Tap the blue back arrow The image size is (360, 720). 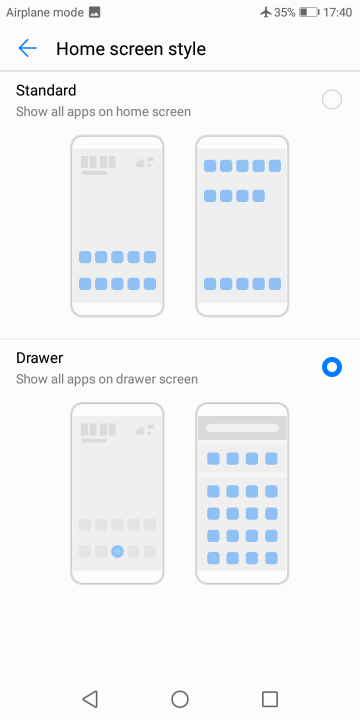(28, 48)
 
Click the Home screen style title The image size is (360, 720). (131, 49)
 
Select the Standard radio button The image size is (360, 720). (332, 100)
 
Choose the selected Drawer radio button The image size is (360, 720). (332, 367)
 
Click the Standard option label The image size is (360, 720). (46, 90)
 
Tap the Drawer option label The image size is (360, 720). (39, 358)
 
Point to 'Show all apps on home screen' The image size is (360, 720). (103, 112)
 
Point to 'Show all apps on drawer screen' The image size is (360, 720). (107, 379)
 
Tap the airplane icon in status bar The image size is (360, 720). (266, 12)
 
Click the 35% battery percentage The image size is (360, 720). (285, 12)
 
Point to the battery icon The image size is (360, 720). (309, 12)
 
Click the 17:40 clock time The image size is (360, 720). (338, 12)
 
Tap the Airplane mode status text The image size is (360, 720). (45, 12)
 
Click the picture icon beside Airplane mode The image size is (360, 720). (95, 12)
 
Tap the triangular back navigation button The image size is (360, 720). (90, 699)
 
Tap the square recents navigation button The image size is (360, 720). (270, 699)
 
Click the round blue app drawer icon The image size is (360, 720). (118, 551)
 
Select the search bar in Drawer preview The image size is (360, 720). (242, 428)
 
